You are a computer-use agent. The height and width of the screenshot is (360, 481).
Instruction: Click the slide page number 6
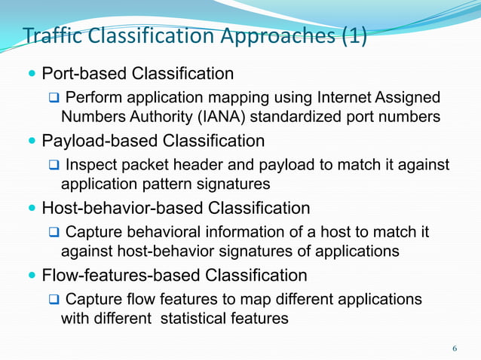click(454, 349)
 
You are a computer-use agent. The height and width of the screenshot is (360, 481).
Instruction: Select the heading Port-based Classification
click(137, 74)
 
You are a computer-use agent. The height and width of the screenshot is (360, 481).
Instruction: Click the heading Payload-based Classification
click(153, 141)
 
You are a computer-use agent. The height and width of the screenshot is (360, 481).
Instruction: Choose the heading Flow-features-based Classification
click(174, 275)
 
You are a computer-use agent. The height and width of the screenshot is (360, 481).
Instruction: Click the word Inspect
click(92, 165)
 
